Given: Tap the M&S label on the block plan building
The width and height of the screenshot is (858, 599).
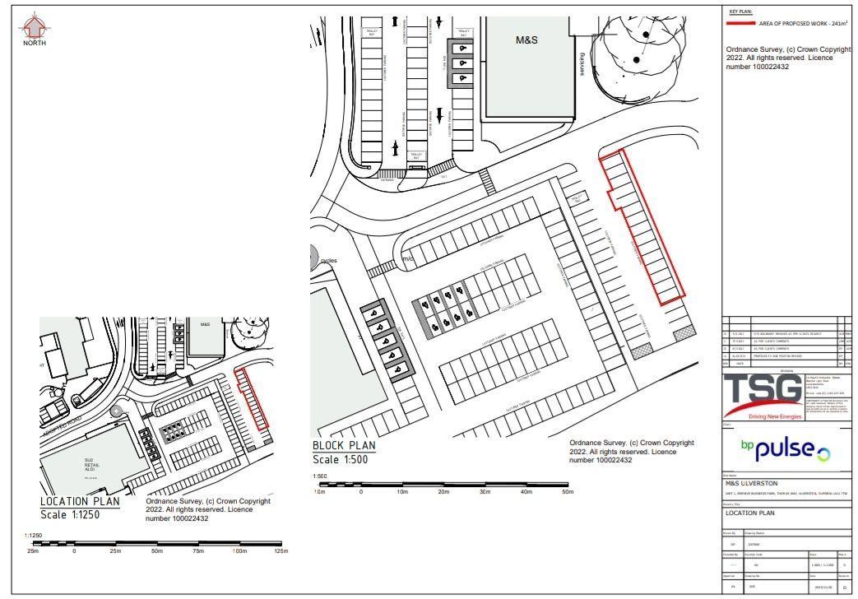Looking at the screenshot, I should [526, 39].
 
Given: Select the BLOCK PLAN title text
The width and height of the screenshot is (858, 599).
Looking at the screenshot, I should [343, 445].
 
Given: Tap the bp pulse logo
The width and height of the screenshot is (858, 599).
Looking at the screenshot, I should [785, 449].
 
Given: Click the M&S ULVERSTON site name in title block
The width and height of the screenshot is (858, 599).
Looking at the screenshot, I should [750, 483].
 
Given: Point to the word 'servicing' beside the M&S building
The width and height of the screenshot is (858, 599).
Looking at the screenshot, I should [581, 64].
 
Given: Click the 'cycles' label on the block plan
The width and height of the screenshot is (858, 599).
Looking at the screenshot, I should [328, 260].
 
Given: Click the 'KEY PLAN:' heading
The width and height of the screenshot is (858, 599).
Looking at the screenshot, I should [740, 12].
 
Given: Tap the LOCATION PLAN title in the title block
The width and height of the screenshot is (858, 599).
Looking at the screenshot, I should [749, 513].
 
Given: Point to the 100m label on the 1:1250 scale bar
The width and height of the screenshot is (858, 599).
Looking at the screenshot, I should [239, 551].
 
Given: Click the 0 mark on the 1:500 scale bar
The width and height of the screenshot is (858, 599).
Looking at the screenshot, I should [361, 491].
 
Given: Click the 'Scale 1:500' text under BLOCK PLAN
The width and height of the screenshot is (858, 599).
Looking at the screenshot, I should [340, 459].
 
